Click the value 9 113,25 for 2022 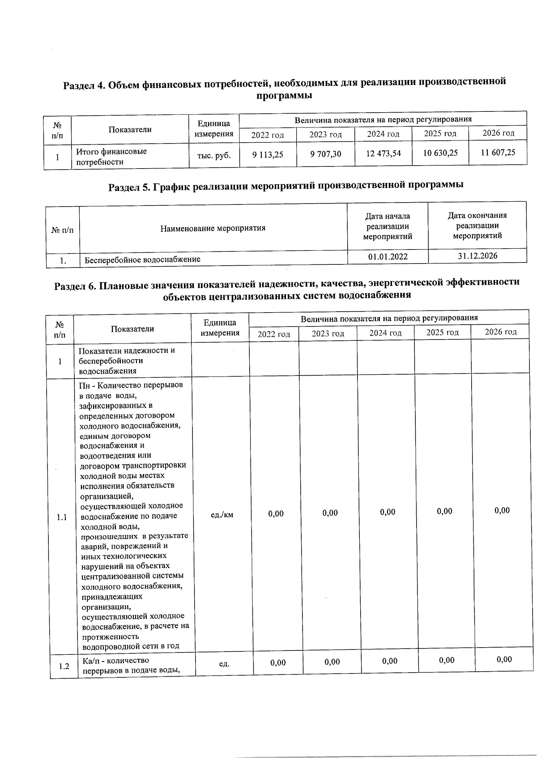[268, 155]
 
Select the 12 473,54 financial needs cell [383, 153]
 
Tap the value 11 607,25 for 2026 [498, 153]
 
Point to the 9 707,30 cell [325, 154]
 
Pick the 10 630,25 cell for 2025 [440, 153]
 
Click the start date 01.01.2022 [388, 257]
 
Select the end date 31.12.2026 [477, 256]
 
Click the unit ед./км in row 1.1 [222, 515]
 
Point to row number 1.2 [64, 666]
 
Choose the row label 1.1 [62, 517]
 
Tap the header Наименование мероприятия [213, 228]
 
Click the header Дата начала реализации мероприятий [388, 226]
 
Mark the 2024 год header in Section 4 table [383, 134]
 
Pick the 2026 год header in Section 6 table [500, 332]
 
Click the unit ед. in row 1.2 [224, 664]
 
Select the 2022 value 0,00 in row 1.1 [276, 514]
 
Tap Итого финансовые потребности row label [111, 157]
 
